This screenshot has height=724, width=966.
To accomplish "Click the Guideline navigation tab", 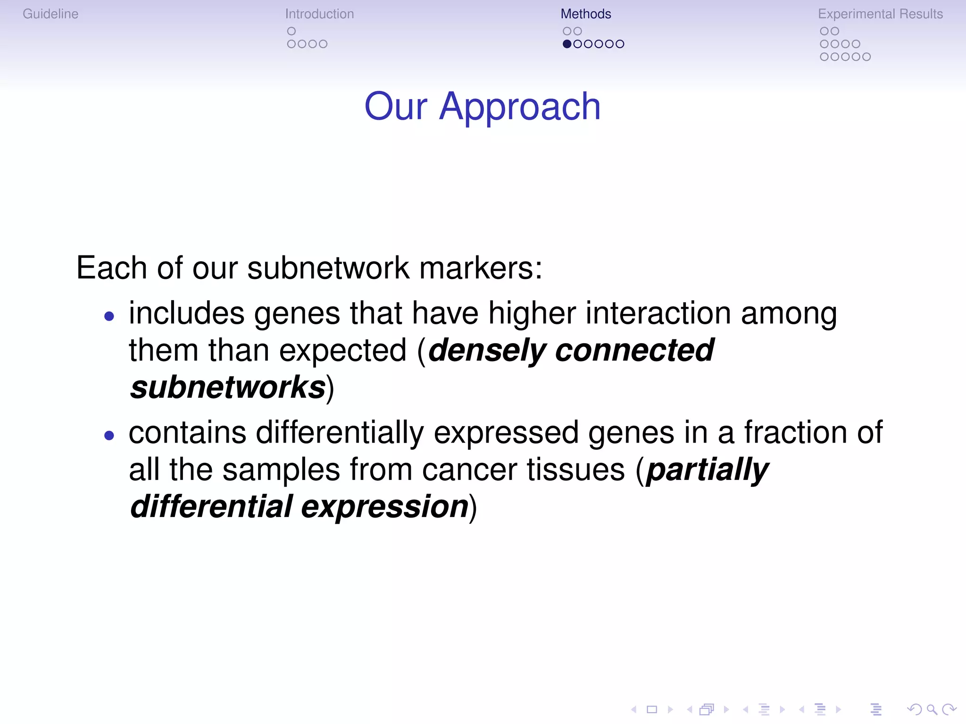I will coord(50,14).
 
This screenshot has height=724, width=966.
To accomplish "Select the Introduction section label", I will coord(319,14).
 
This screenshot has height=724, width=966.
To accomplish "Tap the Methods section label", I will coord(585,14).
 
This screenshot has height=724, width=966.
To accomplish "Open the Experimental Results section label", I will coord(880,14).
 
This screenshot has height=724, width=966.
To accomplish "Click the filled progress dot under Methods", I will coord(567,44).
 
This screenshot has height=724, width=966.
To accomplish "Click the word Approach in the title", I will coord(520,107).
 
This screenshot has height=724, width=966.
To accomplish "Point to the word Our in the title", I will coord(395,107).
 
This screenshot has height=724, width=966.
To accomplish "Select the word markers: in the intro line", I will coord(481,268).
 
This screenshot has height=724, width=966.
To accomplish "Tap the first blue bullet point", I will coord(109,316).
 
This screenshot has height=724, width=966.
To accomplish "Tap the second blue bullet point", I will coord(109,436).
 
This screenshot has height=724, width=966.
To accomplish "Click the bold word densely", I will coord(487,351).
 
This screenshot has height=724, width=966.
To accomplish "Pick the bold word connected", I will coord(634,350).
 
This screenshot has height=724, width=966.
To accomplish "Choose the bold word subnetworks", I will coord(228,387).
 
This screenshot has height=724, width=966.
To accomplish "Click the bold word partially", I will coord(707,470).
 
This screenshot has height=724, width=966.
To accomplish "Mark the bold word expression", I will coord(384,507).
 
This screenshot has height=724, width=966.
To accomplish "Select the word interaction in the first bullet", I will coord(658,313).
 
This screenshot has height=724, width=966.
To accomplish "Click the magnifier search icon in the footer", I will coord(932,709).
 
